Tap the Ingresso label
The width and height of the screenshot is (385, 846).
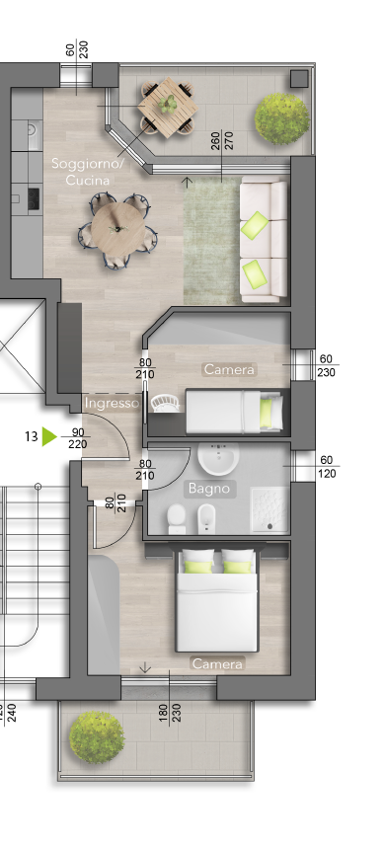[113, 403]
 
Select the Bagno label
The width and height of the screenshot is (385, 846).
[209, 489]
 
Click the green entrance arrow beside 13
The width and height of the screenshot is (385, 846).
[49, 436]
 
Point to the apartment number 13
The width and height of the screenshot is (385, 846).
[32, 436]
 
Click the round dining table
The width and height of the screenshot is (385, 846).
[118, 229]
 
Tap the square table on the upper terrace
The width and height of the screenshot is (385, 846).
[168, 107]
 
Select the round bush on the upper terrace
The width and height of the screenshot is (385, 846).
[282, 118]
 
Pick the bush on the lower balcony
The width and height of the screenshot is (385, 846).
[97, 736]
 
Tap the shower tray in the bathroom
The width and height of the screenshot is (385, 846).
[269, 509]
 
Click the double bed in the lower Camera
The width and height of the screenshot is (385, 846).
[216, 600]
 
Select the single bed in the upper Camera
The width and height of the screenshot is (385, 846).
[234, 412]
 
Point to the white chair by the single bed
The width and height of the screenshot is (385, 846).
[164, 403]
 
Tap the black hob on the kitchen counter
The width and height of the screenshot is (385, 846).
[34, 198]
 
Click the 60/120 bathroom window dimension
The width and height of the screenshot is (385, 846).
[327, 467]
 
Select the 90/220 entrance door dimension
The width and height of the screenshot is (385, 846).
[78, 438]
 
